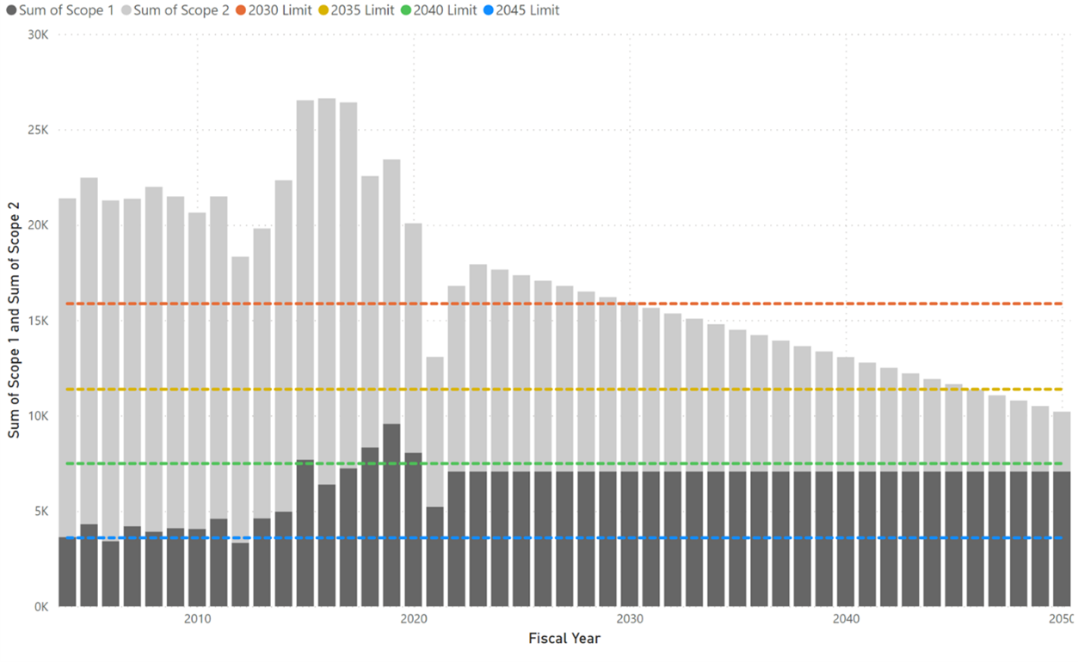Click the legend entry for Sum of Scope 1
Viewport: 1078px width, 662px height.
click(60, 10)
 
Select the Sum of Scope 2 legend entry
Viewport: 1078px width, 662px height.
click(176, 10)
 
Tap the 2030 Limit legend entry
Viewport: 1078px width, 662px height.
click(274, 10)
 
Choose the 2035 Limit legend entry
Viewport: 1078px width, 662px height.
click(356, 10)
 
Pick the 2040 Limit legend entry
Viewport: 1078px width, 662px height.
click(439, 10)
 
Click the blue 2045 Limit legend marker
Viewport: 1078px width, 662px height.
click(489, 10)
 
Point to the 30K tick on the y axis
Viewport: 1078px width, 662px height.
click(38, 34)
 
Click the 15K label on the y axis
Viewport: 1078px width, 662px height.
click(38, 321)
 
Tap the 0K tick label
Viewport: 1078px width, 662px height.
click(41, 607)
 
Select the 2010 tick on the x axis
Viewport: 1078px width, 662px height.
click(197, 619)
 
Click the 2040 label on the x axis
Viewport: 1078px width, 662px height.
click(846, 619)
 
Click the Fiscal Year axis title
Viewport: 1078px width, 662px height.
click(564, 639)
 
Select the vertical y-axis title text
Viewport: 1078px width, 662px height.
click(14, 320)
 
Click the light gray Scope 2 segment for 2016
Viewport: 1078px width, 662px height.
click(327, 291)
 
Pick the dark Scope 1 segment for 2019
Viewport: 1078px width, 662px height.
click(391, 515)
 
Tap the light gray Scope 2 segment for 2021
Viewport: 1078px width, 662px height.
click(435, 432)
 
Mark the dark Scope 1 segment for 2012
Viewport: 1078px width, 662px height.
click(241, 574)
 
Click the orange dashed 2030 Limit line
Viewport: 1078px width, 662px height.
click(564, 303)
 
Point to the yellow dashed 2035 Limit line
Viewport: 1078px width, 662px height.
click(564, 389)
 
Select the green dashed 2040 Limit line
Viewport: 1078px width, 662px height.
click(564, 463)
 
